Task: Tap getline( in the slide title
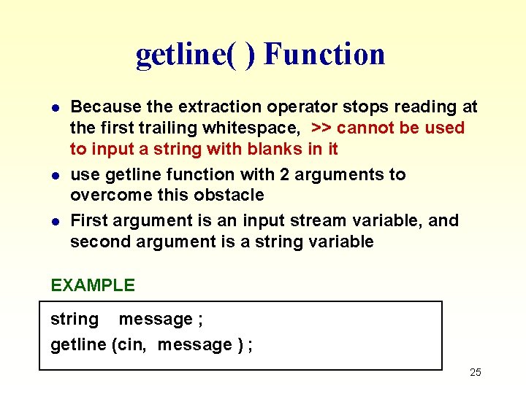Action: coord(186,54)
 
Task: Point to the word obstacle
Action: coord(228,196)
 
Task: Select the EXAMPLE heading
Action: coord(93,285)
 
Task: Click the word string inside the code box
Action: coord(74,320)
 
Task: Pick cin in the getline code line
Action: coord(132,344)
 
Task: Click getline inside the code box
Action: coord(78,344)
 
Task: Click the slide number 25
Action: coord(475,373)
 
